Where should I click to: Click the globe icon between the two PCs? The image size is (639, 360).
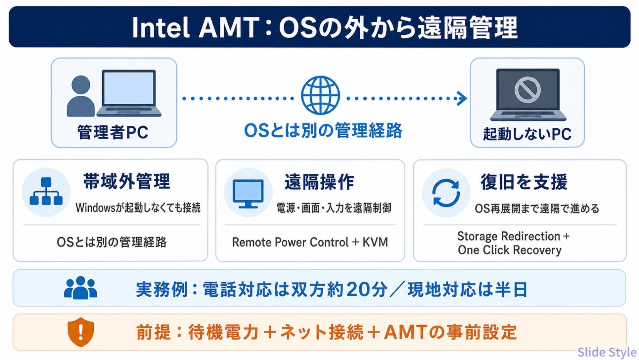(x=320, y=95)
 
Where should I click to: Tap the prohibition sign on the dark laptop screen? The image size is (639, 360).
(x=528, y=90)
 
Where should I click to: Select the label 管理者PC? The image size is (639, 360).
(x=113, y=132)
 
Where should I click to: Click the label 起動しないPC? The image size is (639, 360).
(x=527, y=134)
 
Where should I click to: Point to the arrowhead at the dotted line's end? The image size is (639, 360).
(x=462, y=98)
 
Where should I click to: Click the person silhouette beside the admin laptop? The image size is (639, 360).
(x=81, y=96)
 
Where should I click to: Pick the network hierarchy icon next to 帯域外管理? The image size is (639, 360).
(x=46, y=191)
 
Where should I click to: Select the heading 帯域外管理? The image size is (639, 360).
(x=126, y=181)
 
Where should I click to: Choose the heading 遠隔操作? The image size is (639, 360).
(x=319, y=182)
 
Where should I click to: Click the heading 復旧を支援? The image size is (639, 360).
(x=524, y=182)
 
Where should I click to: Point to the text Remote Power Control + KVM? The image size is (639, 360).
(x=310, y=242)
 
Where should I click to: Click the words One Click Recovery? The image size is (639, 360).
(x=509, y=250)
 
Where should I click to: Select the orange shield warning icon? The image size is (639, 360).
(x=81, y=332)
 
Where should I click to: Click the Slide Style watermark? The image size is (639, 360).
(x=607, y=352)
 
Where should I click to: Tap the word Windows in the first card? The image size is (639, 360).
(x=95, y=208)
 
